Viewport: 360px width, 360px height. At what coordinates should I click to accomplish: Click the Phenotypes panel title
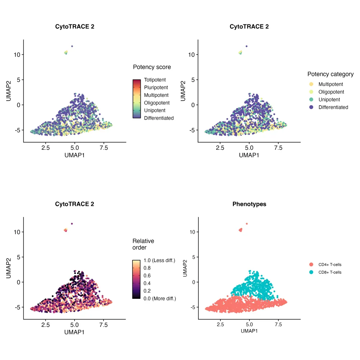pos(249,204)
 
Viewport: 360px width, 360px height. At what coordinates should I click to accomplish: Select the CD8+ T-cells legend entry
pos(330,272)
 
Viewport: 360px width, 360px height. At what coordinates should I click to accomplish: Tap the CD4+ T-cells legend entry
pos(330,265)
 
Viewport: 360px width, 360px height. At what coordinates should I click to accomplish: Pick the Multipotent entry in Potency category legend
pos(330,84)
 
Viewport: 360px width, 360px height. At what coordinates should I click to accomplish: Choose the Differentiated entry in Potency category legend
pos(333,107)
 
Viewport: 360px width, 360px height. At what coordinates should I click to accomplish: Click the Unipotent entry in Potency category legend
pos(329,100)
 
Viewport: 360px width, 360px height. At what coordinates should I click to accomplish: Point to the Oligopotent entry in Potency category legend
pos(331,92)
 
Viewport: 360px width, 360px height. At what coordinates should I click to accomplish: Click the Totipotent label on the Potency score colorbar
pos(155,80)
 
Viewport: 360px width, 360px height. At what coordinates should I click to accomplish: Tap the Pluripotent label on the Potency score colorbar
pos(156,87)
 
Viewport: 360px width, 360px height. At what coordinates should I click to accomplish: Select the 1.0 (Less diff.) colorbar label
pos(159,260)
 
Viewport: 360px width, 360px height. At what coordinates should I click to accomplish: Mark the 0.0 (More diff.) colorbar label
pos(159,298)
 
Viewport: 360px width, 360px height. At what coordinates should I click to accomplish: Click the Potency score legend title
pos(152,67)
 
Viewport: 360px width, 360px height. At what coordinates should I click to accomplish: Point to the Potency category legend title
pos(330,74)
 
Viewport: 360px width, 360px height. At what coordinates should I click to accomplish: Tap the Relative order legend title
pos(143,244)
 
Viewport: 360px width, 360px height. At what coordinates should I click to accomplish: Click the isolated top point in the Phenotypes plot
pos(247,224)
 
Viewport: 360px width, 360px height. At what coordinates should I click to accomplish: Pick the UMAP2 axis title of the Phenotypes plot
pos(185,268)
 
